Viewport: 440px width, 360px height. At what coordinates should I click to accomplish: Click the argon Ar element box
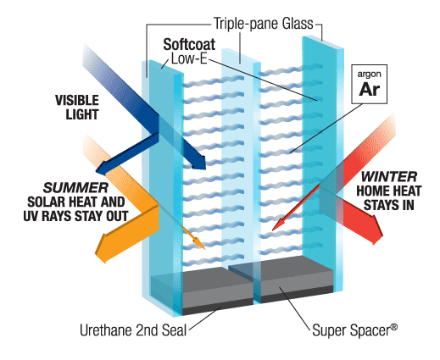(369, 84)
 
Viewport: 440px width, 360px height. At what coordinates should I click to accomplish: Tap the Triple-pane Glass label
(264, 24)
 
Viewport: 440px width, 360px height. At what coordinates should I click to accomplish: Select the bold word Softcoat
(189, 44)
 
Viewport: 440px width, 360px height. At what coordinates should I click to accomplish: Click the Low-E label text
(189, 59)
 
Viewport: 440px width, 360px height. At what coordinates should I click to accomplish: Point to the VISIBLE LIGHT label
(77, 108)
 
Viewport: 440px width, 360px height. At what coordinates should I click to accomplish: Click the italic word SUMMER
(75, 188)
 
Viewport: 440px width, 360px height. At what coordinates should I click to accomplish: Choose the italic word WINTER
(389, 177)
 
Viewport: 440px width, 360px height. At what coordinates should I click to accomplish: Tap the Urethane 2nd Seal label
(133, 330)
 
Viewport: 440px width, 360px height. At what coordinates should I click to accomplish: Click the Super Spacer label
(354, 330)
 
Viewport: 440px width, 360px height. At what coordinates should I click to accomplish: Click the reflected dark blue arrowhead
(103, 168)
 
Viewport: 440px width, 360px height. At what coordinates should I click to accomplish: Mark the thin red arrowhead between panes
(277, 224)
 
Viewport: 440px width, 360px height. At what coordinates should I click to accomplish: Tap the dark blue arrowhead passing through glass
(200, 163)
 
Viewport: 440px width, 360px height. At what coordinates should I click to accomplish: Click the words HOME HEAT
(389, 191)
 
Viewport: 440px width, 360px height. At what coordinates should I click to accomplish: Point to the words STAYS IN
(389, 205)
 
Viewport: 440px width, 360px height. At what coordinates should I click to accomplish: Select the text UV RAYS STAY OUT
(75, 216)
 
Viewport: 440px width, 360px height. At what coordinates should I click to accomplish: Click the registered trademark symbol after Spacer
(394, 327)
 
